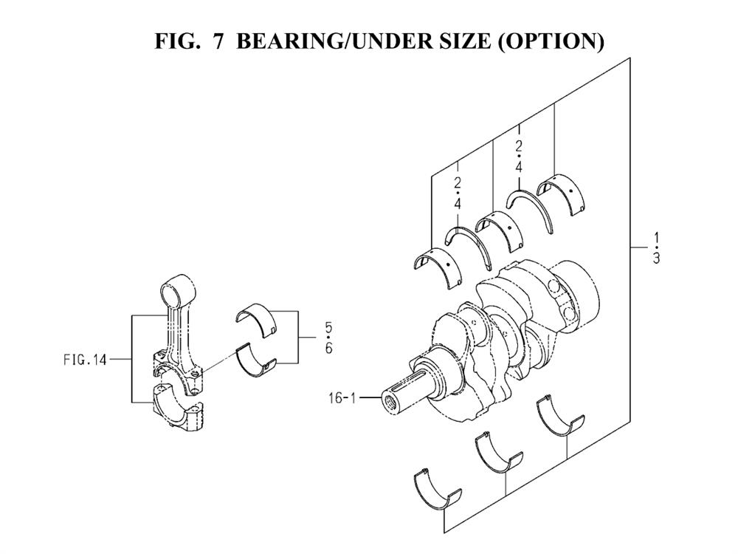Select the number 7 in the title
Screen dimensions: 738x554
pyautogui.click(x=218, y=41)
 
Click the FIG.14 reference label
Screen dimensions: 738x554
pyautogui.click(x=85, y=360)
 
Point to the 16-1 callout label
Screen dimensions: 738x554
pyautogui.click(x=342, y=398)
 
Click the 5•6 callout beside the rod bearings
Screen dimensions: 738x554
pyautogui.click(x=328, y=338)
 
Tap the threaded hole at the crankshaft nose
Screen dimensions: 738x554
pyautogui.click(x=390, y=403)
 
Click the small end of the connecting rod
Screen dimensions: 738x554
pyautogui.click(x=177, y=290)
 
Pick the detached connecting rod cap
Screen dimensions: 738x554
pyautogui.click(x=178, y=409)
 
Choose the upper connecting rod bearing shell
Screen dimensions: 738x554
pyautogui.click(x=256, y=321)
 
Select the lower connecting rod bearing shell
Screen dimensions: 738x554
pyautogui.click(x=256, y=363)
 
